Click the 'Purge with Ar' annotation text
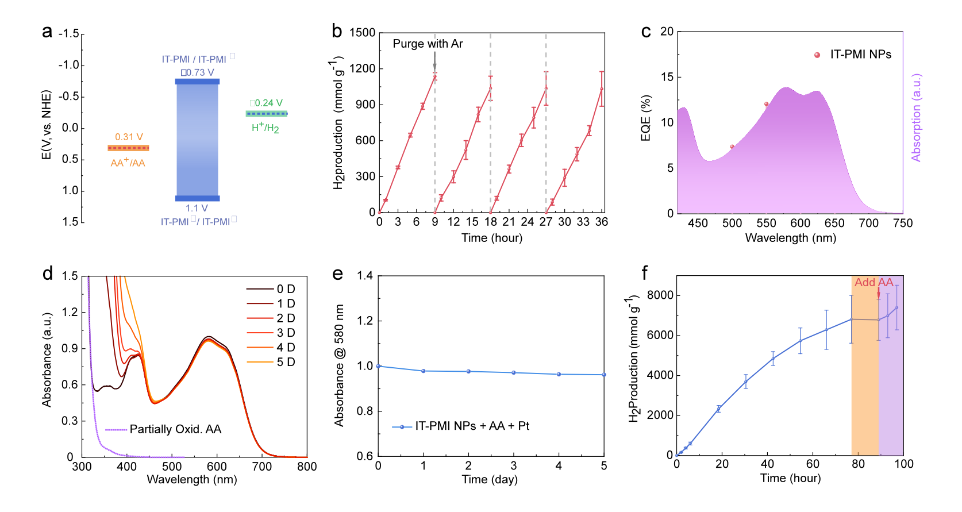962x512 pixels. [428, 44]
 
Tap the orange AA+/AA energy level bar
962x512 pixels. [128, 148]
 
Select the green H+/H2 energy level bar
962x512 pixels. [267, 114]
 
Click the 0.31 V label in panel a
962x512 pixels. [129, 137]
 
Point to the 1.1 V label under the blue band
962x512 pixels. [197, 208]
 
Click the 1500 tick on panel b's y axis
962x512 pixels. [362, 33]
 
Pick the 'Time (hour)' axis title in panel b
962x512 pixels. [491, 238]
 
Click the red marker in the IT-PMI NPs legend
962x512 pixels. [817, 55]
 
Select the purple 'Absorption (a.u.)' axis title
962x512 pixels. [916, 118]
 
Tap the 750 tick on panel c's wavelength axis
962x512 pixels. [903, 223]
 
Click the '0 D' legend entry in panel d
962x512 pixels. [286, 289]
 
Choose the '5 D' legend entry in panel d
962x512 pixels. [286, 362]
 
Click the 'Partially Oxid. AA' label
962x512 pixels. [175, 429]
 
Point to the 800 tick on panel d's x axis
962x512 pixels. [307, 467]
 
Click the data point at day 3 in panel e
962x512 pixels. [514, 373]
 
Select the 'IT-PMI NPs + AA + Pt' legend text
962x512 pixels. [472, 426]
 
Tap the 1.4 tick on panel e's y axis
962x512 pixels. [365, 276]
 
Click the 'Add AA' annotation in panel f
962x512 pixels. [874, 282]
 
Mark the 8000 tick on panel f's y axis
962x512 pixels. [660, 295]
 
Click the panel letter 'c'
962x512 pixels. [646, 32]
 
